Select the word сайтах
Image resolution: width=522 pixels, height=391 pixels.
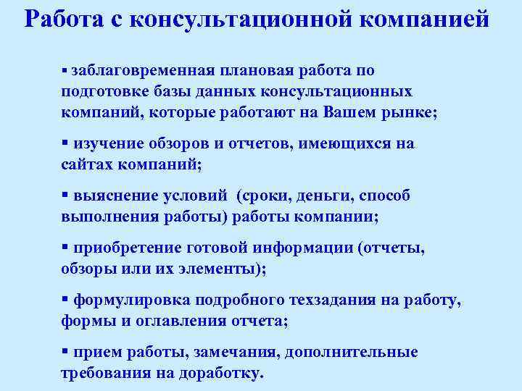tap(86, 164)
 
